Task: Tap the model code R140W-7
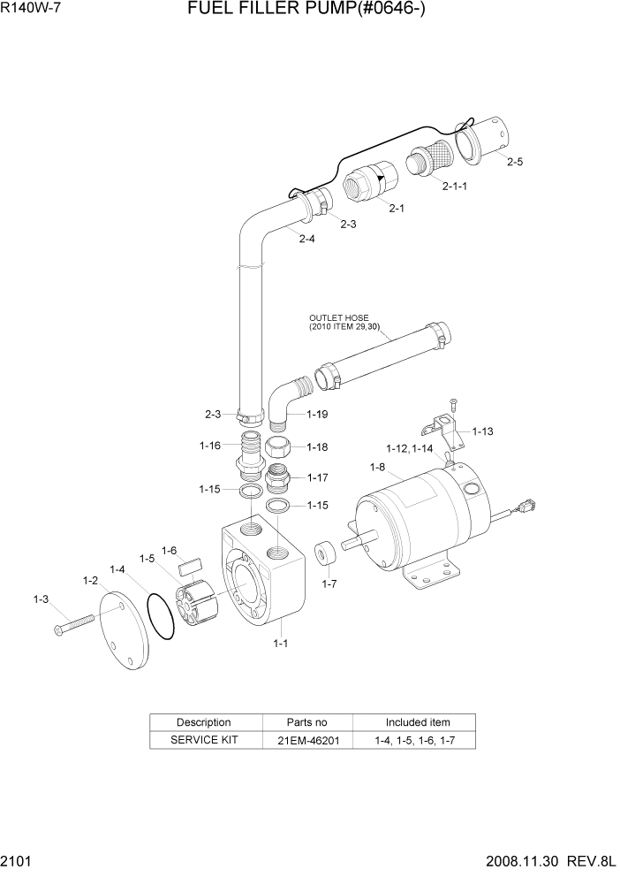pyautogui.click(x=32, y=11)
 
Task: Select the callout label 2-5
pyautogui.click(x=515, y=162)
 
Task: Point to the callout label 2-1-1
pyautogui.click(x=454, y=186)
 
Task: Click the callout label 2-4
pyautogui.click(x=306, y=239)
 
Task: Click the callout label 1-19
pyautogui.click(x=318, y=414)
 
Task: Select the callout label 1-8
pyautogui.click(x=377, y=467)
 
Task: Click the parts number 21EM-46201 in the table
pyautogui.click(x=307, y=740)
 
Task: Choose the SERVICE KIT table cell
pyautogui.click(x=204, y=740)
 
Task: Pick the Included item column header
pyautogui.click(x=418, y=722)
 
